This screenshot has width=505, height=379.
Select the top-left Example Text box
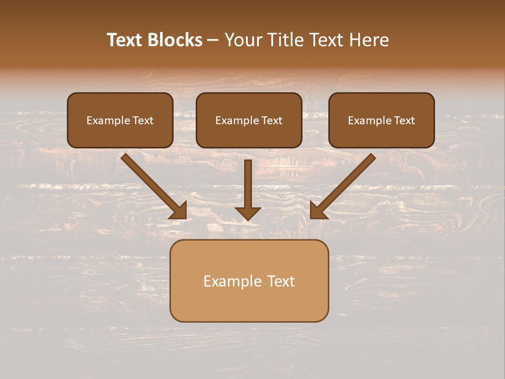(120, 120)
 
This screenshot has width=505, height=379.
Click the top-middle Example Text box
(249, 120)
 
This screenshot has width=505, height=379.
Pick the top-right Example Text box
(381, 120)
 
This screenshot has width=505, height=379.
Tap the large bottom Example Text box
(249, 281)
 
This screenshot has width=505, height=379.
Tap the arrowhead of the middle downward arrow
(248, 213)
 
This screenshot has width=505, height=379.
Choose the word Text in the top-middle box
(272, 121)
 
